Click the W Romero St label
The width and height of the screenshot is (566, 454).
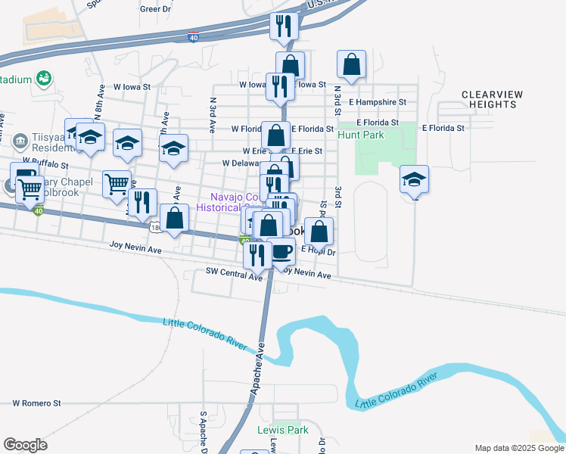point(36,404)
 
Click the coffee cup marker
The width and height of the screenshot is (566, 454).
point(281,250)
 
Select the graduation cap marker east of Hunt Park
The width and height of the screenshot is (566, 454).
point(414,179)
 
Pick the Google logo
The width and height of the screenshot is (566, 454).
point(25,445)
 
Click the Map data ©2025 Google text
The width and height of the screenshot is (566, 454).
point(518,448)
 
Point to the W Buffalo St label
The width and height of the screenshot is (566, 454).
point(45,163)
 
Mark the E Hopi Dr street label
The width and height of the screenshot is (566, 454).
point(319,249)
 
